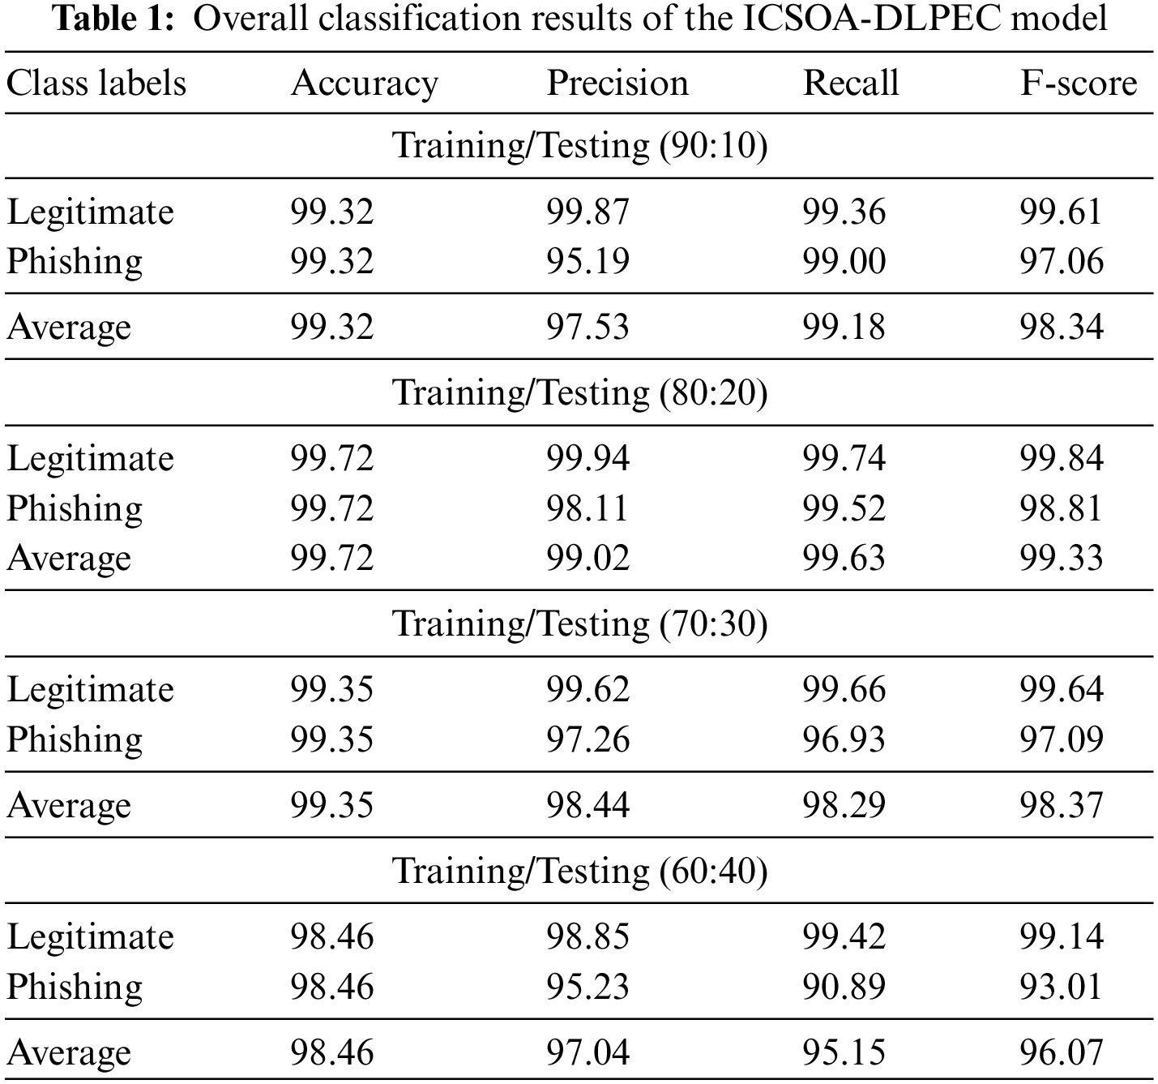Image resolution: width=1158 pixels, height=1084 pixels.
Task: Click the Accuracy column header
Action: pos(364,84)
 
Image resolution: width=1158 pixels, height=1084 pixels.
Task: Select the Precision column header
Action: pos(617,84)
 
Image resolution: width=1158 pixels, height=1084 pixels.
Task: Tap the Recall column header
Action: pos(850,84)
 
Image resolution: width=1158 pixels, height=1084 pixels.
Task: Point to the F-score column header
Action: pos(1078,84)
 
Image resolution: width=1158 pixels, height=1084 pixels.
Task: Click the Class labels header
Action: pos(96,84)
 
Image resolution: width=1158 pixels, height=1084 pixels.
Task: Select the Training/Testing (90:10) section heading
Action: pos(579,146)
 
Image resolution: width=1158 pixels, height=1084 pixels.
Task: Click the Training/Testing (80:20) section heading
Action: pos(579,393)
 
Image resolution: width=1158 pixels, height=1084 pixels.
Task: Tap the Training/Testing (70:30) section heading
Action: pos(579,624)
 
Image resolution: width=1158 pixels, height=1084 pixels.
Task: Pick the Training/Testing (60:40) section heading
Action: pos(579,872)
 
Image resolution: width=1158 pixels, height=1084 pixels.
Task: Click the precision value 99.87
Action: pos(588,212)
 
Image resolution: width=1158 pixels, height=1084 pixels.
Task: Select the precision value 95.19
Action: pos(588,262)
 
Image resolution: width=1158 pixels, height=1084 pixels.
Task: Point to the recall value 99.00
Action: pos(844,262)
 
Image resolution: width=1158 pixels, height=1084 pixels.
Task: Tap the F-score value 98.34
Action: pos(1061,328)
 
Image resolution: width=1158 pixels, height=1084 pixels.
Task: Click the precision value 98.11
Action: pos(588,509)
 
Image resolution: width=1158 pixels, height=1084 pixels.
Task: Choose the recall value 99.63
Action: pos(844,559)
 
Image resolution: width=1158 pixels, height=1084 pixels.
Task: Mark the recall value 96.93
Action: pos(844,740)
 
